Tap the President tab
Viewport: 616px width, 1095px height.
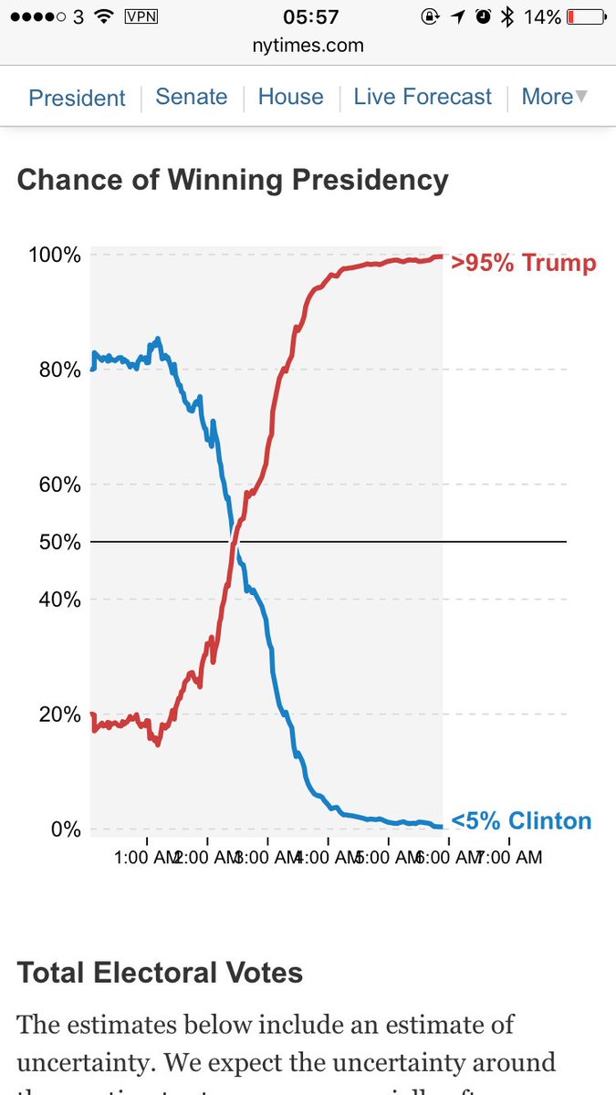[x=77, y=98]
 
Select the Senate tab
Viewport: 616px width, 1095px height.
[x=192, y=97]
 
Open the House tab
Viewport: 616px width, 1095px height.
[x=290, y=97]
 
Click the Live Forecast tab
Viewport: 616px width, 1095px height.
[x=423, y=97]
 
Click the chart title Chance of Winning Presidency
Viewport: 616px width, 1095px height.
[x=233, y=180]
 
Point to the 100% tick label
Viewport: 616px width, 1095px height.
[x=55, y=255]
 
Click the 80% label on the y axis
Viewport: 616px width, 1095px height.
[x=59, y=370]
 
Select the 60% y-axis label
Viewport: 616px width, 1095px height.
[x=59, y=485]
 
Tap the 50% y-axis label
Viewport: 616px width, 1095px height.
[x=59, y=542]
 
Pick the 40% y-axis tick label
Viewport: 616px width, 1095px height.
[x=59, y=600]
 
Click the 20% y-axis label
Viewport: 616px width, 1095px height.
[x=59, y=714]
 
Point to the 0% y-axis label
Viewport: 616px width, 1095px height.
[x=65, y=829]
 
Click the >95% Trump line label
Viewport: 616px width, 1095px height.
[x=523, y=264]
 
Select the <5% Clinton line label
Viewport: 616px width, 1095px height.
[x=521, y=820]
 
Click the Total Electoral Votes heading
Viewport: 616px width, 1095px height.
[x=160, y=973]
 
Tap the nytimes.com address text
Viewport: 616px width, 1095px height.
[x=308, y=44]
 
